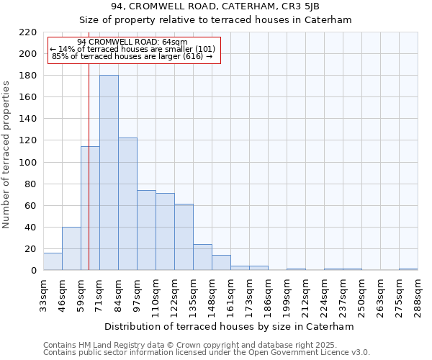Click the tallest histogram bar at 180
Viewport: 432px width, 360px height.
[109, 173]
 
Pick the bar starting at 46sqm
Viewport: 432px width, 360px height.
[71, 248]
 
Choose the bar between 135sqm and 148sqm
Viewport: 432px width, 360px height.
[202, 257]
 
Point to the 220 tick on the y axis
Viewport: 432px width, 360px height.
[29, 32]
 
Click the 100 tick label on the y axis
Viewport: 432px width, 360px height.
[29, 163]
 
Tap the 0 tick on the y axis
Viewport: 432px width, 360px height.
[33, 271]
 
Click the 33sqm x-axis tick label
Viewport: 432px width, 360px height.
[44, 296]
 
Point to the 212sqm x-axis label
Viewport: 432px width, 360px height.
[306, 296]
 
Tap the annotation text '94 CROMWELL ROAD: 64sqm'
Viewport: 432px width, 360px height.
[132, 42]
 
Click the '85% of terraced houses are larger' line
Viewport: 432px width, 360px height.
[132, 56]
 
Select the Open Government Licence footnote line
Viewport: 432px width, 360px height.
[206, 352]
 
